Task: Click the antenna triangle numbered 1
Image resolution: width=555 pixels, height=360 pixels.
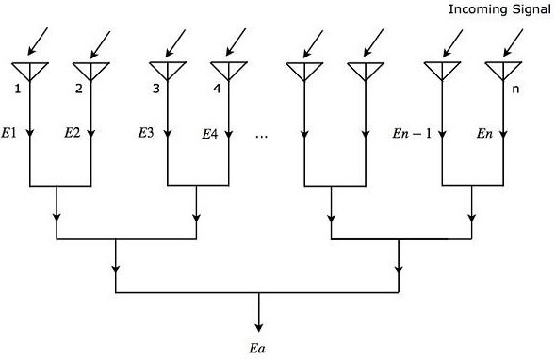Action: (30, 70)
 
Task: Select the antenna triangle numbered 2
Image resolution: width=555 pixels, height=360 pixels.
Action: (90, 70)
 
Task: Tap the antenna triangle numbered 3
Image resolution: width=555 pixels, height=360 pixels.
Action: (167, 70)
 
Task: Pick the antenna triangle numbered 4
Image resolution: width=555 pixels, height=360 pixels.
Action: (227, 70)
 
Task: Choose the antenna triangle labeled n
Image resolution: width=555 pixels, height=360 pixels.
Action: (500, 70)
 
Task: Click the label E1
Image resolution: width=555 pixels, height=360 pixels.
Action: (12, 133)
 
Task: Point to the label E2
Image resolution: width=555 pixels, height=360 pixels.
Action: (72, 133)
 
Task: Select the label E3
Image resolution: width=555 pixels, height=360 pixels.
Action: (146, 133)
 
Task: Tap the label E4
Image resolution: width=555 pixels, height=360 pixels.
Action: (210, 134)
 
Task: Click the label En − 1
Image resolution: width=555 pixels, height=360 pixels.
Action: (412, 133)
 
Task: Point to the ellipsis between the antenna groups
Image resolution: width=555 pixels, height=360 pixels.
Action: (262, 135)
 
